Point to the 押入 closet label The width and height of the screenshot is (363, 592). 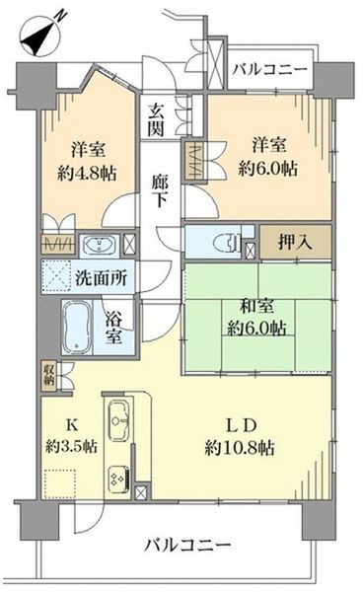[295, 242]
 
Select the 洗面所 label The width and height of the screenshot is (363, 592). [102, 278]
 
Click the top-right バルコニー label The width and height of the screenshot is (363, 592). [270, 70]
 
